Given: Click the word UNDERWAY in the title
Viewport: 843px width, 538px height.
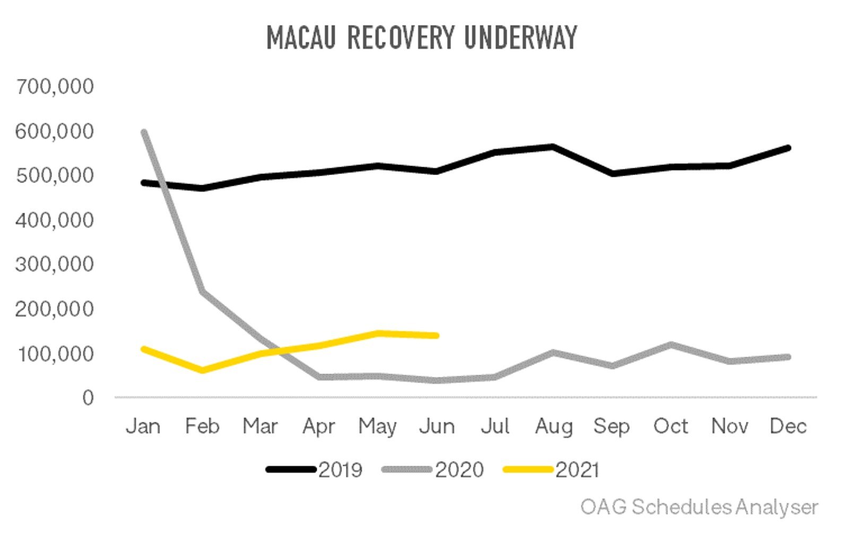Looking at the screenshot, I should click(x=520, y=38).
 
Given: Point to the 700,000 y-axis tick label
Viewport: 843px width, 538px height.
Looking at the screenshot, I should click(x=55, y=86).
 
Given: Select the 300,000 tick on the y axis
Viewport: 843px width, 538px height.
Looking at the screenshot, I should click(x=55, y=264).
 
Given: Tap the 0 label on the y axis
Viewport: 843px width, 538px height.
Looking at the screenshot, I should click(x=88, y=397).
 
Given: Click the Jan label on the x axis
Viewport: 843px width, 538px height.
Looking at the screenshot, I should click(x=143, y=427).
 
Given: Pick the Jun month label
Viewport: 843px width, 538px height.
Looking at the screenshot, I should click(x=437, y=427).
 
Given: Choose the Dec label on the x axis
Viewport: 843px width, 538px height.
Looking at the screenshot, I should click(x=788, y=427).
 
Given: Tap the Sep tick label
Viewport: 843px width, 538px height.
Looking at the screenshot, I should click(x=612, y=427).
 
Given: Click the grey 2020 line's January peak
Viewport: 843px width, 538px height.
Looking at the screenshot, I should click(x=144, y=132).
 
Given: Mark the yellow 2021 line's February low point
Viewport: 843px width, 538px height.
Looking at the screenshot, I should click(x=202, y=370).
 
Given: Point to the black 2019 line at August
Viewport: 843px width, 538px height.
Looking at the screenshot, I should click(x=553, y=146).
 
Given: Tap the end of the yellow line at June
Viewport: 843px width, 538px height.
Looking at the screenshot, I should click(x=437, y=335).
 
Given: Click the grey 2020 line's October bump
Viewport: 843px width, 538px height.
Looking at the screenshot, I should click(x=671, y=344).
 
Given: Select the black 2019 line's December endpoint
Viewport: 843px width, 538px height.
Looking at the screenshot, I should click(x=788, y=148).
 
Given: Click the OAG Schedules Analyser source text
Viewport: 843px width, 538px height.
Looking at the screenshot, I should click(x=699, y=507).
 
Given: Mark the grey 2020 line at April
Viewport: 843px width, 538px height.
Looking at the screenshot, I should click(x=319, y=377).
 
